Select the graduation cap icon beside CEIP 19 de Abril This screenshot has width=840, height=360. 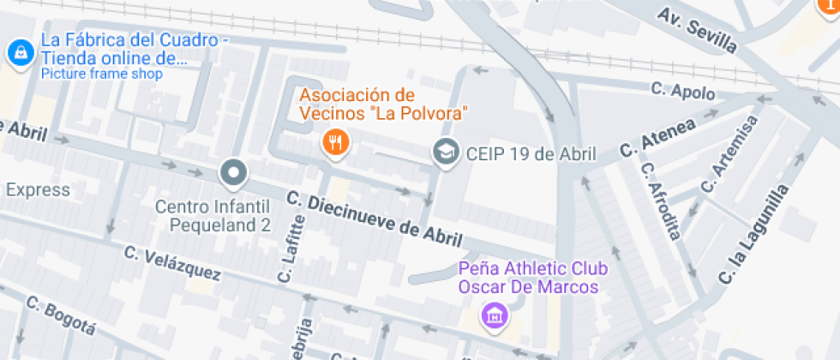pos(445,153)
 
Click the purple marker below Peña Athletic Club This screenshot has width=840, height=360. pos(494,315)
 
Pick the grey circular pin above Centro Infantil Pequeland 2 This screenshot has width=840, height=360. pos(233,174)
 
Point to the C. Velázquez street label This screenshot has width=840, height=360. pos(172,264)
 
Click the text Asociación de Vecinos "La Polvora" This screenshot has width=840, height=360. pos(382,103)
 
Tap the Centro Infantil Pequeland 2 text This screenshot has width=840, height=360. pos(213,216)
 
